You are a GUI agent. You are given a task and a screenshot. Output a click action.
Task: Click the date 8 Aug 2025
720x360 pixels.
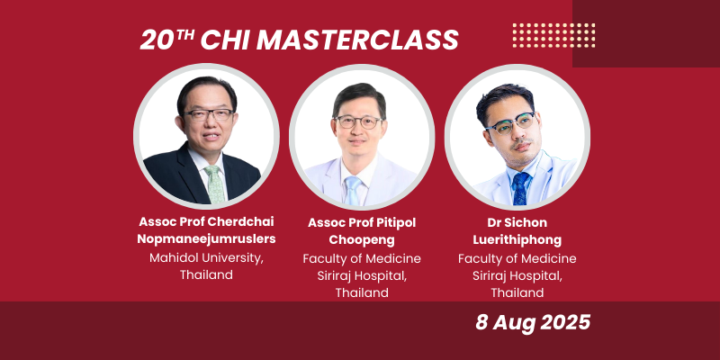(x=533, y=323)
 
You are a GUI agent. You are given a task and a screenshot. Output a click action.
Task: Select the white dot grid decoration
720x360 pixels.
(x=553, y=34)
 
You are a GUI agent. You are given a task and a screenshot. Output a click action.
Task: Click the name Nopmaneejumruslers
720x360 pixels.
(x=206, y=238)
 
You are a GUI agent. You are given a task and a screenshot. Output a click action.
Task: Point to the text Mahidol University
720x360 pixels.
(x=206, y=257)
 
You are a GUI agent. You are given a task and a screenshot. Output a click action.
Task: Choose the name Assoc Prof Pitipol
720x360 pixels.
(x=362, y=221)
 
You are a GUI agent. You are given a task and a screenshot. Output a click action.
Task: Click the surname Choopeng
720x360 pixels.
(x=362, y=239)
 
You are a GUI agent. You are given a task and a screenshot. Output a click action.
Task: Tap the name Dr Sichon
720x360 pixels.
(x=517, y=221)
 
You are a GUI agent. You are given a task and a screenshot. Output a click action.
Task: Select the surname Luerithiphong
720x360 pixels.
(x=517, y=239)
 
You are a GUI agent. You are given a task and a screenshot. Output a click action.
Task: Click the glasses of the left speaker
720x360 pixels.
(x=209, y=115)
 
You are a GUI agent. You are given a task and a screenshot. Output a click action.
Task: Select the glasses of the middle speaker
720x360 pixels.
(x=357, y=121)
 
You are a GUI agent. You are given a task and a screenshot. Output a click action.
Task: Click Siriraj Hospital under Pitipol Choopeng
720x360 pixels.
(x=362, y=275)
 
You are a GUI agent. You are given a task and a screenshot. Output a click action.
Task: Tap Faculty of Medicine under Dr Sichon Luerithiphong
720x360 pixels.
(x=517, y=258)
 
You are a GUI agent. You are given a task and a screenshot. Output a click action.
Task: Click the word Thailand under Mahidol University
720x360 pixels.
(x=206, y=274)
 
